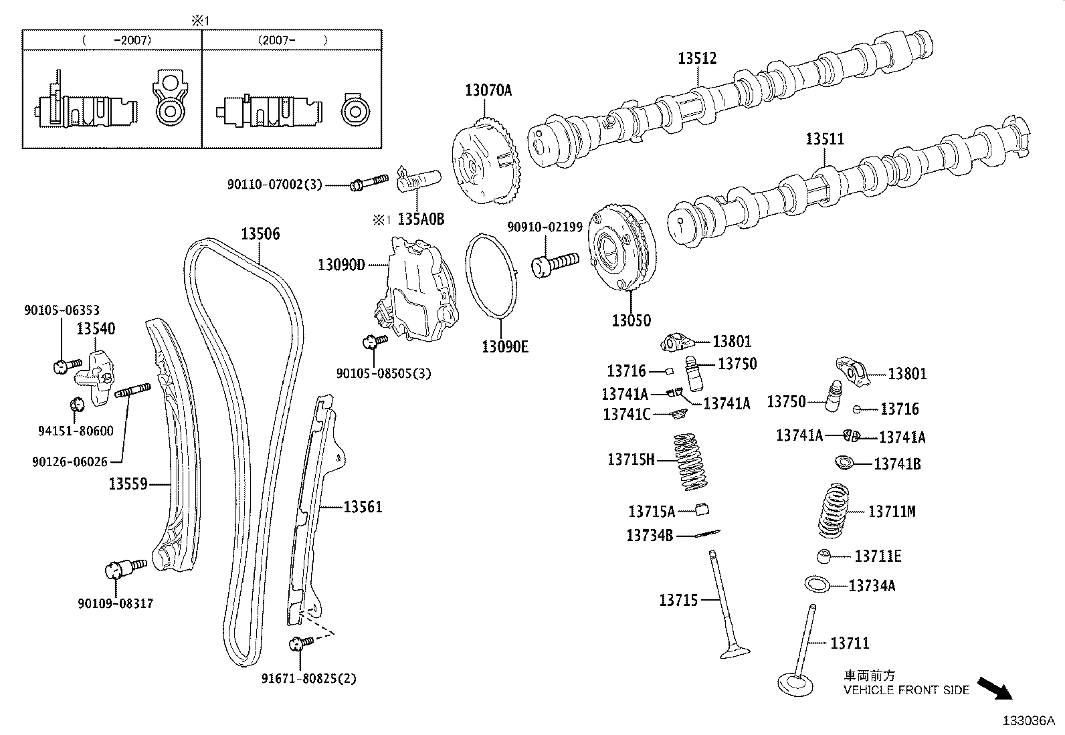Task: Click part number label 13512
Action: tap(696, 58)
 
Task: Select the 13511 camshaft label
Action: tap(824, 139)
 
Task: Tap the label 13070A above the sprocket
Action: tap(488, 90)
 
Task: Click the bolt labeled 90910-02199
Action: tap(555, 263)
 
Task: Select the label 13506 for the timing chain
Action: tap(260, 234)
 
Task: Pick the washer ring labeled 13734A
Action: tap(818, 584)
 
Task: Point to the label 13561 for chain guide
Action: tap(363, 507)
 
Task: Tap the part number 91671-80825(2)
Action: tap(308, 678)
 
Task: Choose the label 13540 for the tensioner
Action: tap(95, 328)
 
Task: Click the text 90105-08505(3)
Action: tap(383, 373)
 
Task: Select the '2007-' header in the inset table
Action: tap(292, 39)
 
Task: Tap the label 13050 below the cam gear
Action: tap(631, 320)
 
